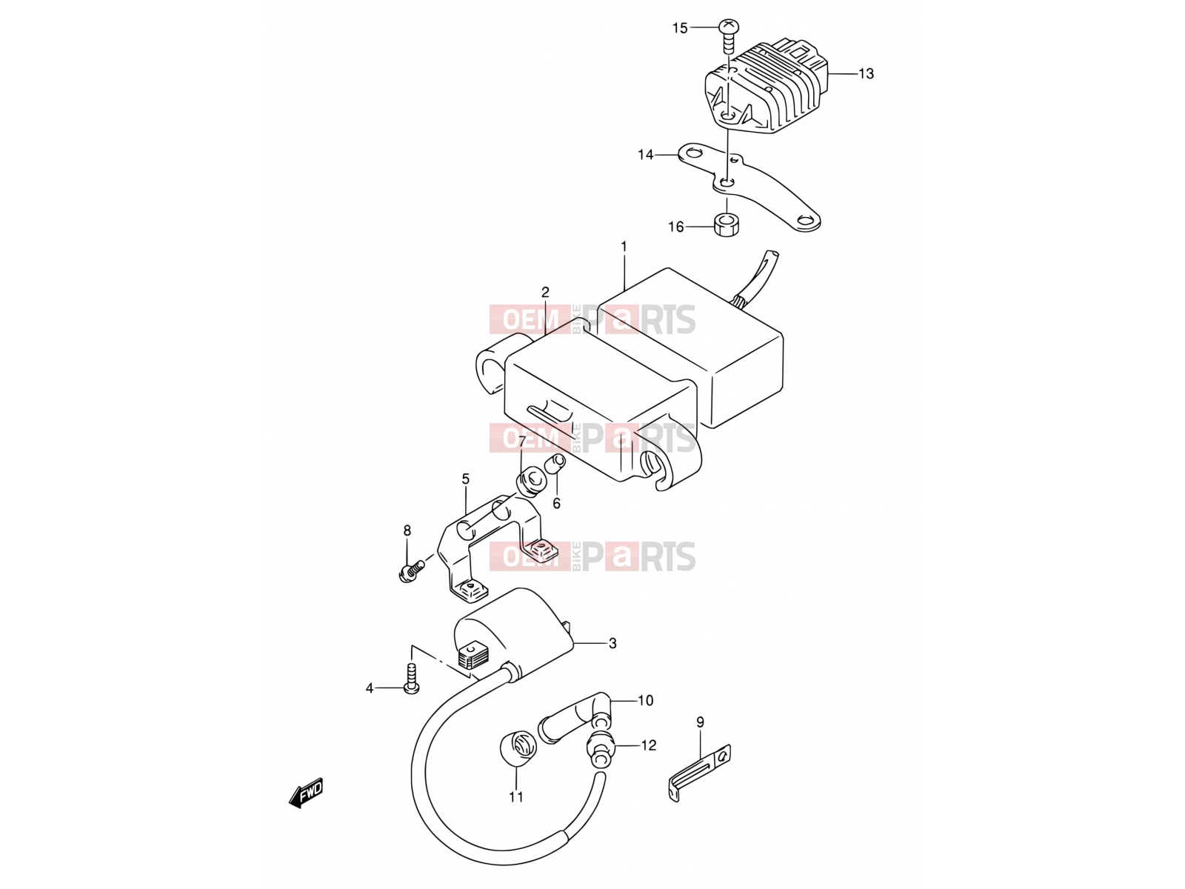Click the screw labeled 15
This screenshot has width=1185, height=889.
click(x=728, y=37)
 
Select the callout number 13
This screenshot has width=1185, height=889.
click(x=865, y=73)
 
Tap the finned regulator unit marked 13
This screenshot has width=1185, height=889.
click(x=766, y=87)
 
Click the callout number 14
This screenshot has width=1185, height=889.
click(x=645, y=155)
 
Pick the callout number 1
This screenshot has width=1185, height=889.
click(x=624, y=247)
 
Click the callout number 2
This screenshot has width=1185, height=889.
click(x=545, y=292)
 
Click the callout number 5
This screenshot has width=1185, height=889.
click(x=465, y=479)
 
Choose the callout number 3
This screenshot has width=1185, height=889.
click(x=612, y=643)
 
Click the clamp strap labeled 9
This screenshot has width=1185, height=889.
click(x=700, y=773)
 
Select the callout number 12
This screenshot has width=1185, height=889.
click(x=648, y=745)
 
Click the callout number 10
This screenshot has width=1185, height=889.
click(x=646, y=701)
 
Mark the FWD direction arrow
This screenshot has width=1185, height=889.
click(x=306, y=793)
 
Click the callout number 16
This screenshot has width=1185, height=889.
click(x=676, y=227)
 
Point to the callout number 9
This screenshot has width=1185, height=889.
click(x=700, y=722)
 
